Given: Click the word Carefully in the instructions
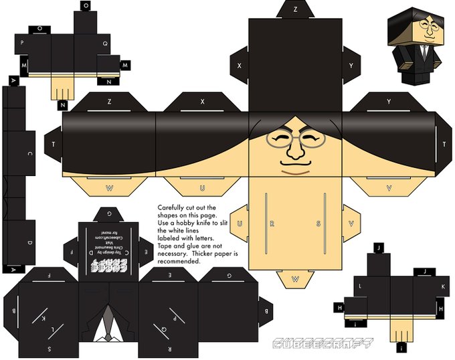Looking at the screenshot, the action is pos(170,207).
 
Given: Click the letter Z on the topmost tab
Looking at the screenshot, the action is pos(296,10).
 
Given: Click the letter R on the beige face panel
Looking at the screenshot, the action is pos(271,223).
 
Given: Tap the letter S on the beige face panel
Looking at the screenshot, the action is pos(319,223).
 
